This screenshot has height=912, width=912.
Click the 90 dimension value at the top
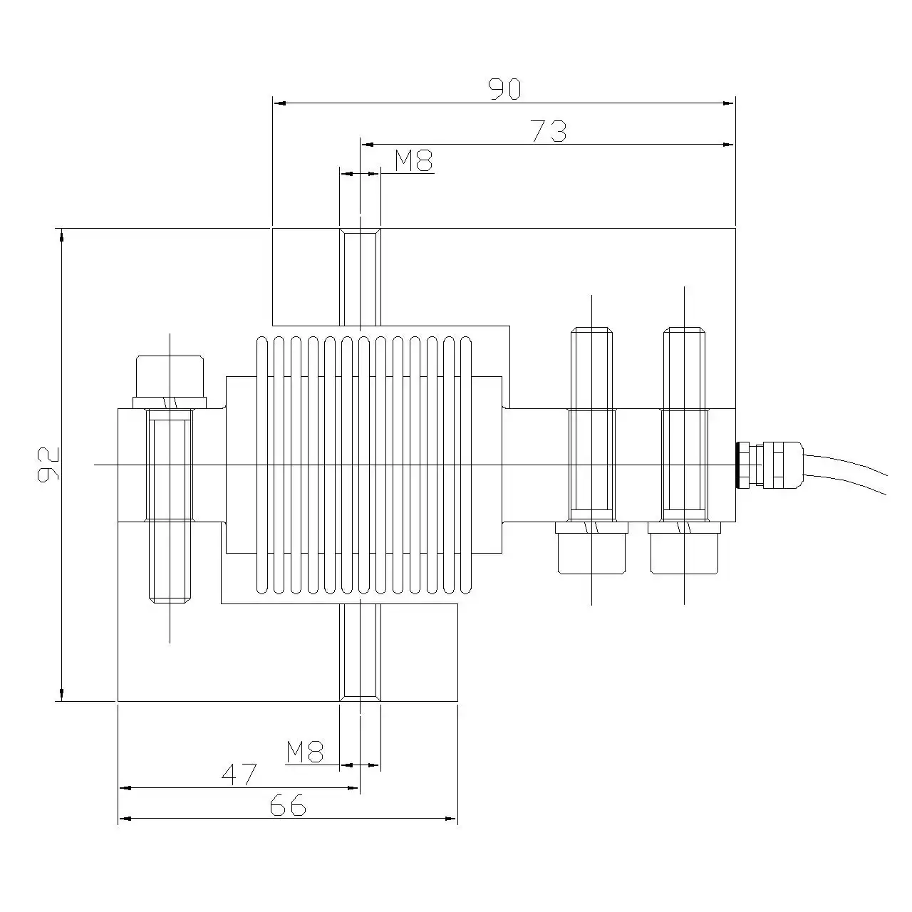504,88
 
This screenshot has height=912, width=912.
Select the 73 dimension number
549,131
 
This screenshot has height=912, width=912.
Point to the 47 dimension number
239,774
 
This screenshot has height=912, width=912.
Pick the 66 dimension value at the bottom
288,806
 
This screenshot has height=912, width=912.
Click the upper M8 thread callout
414,161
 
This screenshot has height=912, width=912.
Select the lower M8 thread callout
306,752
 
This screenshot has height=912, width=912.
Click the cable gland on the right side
769,465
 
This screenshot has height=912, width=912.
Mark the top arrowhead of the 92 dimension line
62,234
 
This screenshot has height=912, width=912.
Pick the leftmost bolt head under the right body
592,549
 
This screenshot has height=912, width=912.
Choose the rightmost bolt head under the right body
685,549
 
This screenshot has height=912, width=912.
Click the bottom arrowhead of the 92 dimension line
62,695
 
